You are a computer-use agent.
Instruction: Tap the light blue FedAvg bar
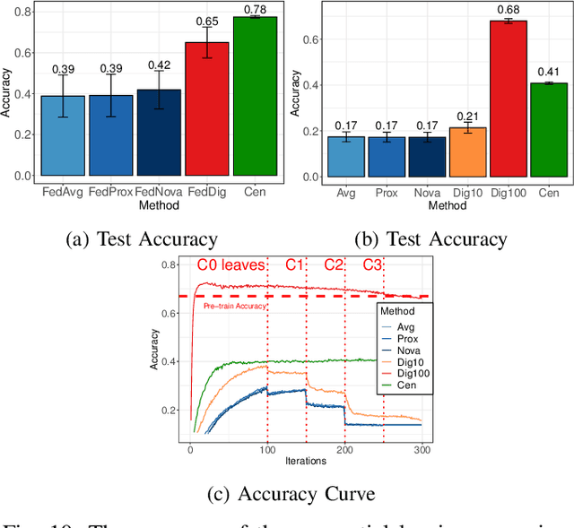(x=63, y=135)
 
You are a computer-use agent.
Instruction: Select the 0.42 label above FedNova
(x=160, y=65)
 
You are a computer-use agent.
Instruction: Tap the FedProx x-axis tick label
(x=111, y=192)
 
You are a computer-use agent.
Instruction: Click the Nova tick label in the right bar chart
(x=426, y=192)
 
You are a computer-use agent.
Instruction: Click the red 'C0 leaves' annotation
(x=230, y=264)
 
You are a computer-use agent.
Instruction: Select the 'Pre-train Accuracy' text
(x=236, y=307)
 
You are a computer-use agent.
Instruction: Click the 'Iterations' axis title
(x=305, y=461)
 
